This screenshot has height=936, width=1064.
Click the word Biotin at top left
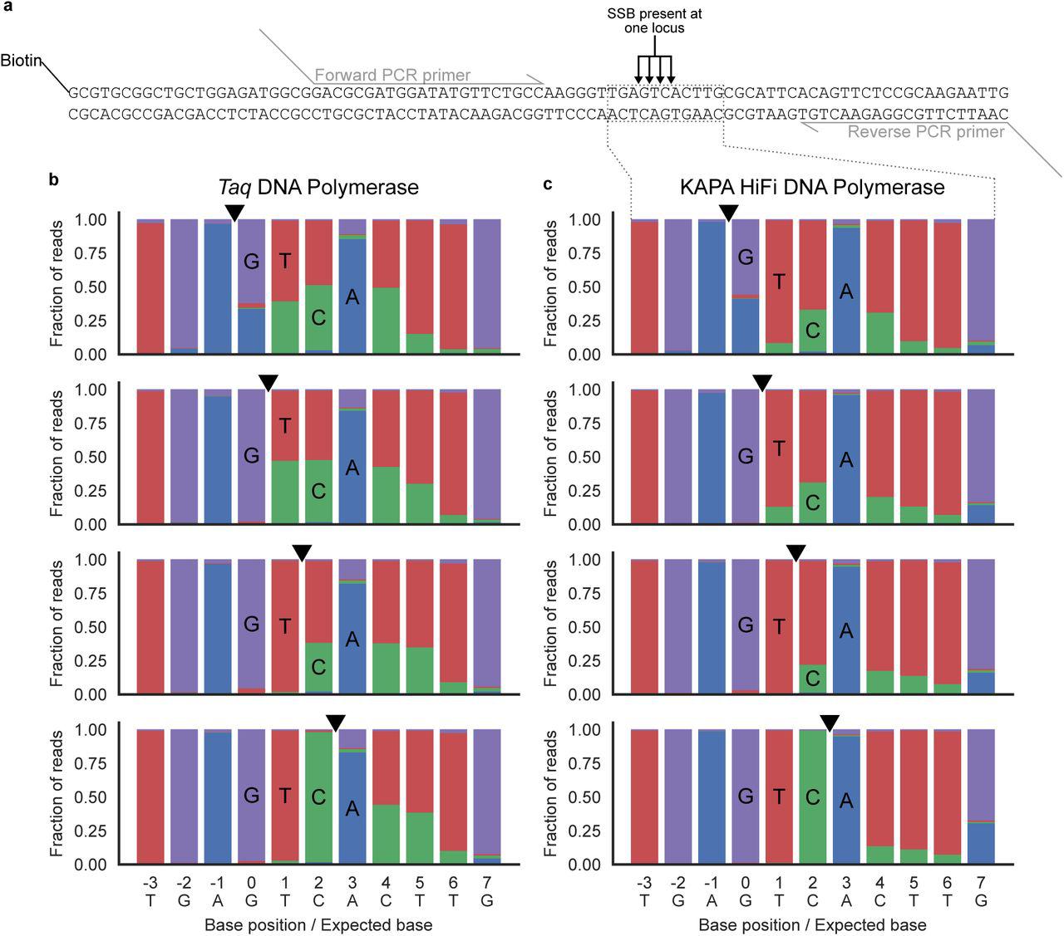point(21,61)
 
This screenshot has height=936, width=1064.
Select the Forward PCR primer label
point(392,75)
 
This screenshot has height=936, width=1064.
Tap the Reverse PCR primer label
point(926,131)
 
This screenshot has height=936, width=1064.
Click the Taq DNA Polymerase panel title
point(318,187)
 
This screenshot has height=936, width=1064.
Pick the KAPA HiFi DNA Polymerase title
point(811,187)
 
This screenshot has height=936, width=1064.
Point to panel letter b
point(53,180)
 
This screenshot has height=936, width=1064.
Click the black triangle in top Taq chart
point(234,213)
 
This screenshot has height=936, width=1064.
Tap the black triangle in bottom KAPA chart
point(830,723)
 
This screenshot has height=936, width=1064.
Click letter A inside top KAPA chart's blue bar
point(846,292)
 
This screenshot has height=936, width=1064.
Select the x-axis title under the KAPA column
point(811,924)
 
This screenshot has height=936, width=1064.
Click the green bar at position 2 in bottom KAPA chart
point(812,831)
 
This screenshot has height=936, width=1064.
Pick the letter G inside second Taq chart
point(251,456)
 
